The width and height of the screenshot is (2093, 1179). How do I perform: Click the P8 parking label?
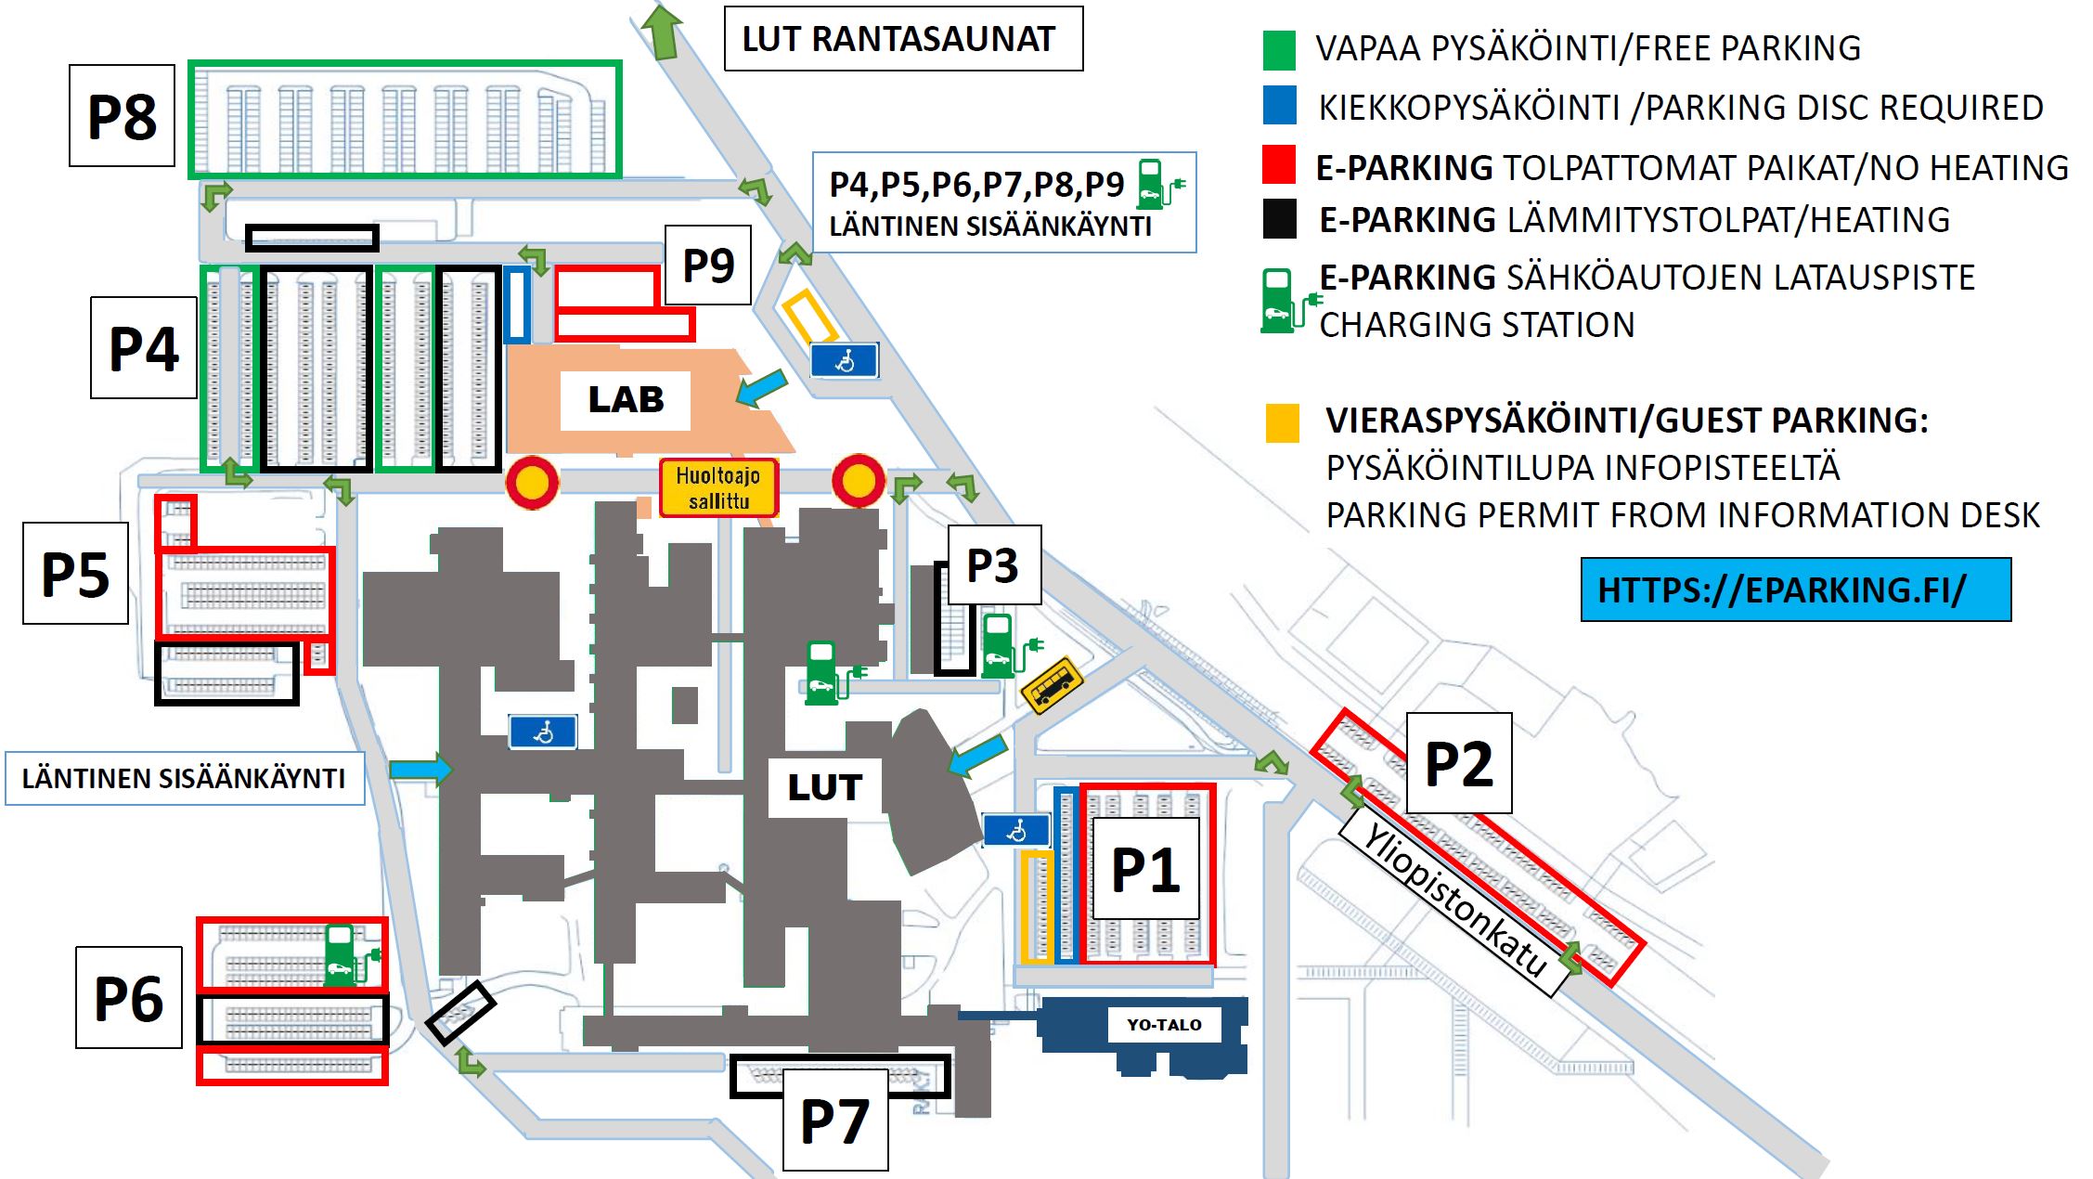click(x=122, y=116)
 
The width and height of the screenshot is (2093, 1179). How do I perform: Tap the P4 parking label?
click(x=144, y=348)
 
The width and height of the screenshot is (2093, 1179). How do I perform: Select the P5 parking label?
click(x=75, y=573)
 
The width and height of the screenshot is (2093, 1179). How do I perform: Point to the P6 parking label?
click(x=129, y=998)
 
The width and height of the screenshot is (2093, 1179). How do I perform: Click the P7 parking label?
click(x=835, y=1121)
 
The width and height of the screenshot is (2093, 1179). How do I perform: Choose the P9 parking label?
click(x=708, y=266)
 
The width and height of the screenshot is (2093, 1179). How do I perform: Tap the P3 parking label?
click(x=993, y=565)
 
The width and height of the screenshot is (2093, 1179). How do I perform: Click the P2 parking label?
click(x=1459, y=763)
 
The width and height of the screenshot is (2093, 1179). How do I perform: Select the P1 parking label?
click(x=1146, y=869)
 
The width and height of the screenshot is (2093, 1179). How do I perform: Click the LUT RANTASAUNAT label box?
click(x=903, y=39)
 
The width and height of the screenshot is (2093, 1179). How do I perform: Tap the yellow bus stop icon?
click(x=1052, y=685)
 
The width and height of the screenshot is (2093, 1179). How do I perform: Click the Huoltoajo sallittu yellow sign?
click(x=718, y=487)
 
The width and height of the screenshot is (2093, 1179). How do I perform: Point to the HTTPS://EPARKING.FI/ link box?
click(x=1796, y=589)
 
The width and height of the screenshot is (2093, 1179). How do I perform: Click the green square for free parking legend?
click(x=1279, y=50)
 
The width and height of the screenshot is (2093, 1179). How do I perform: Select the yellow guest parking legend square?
click(x=1283, y=422)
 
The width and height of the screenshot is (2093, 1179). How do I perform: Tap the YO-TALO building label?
click(x=1165, y=1025)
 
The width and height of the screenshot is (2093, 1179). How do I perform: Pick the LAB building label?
click(x=627, y=400)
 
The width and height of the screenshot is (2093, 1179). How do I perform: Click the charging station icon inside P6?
click(x=351, y=955)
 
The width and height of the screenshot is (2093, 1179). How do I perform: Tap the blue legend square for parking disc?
click(x=1279, y=106)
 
